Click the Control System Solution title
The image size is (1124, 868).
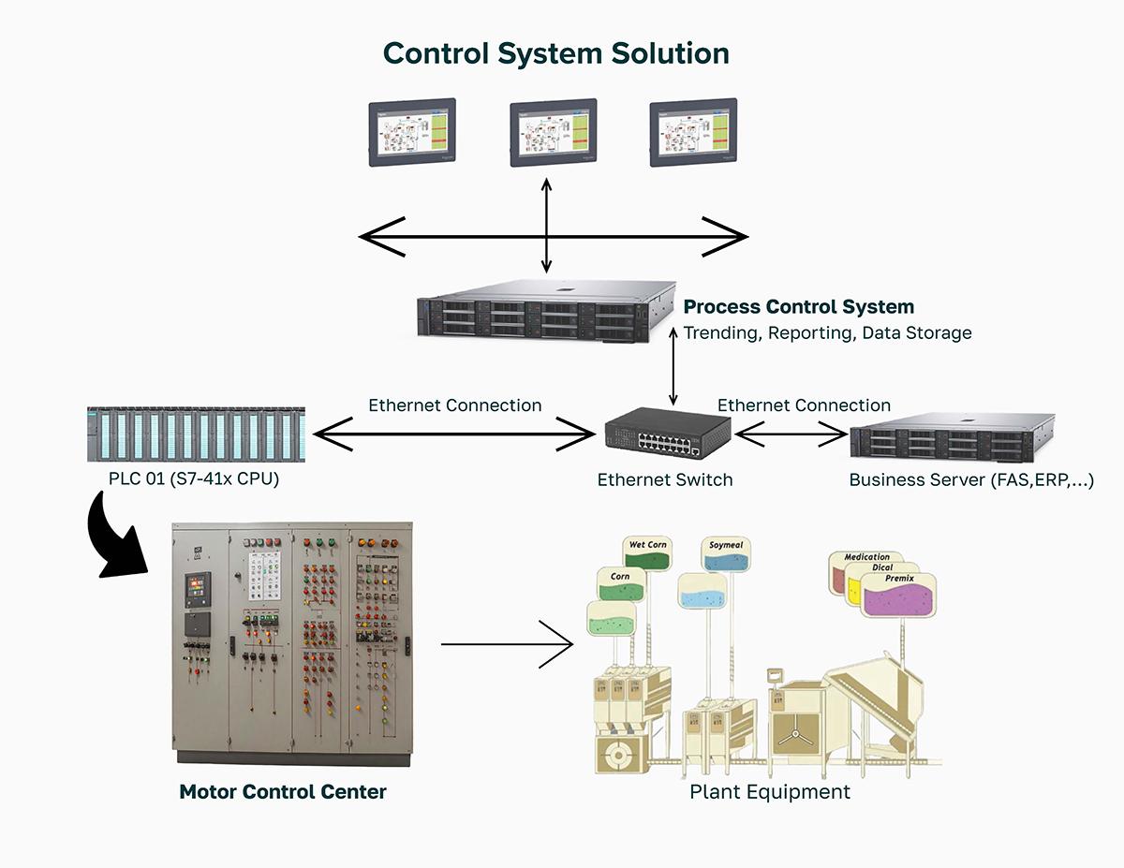tap(556, 53)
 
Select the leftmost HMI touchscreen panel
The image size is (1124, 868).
tap(412, 133)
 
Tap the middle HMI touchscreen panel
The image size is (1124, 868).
tap(553, 133)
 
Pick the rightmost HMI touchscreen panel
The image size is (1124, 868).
tap(693, 133)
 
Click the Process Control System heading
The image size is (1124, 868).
tap(799, 307)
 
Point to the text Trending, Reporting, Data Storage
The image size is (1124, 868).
tap(827, 333)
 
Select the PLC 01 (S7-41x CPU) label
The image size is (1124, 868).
tap(194, 480)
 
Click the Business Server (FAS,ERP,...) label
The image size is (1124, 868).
tap(971, 480)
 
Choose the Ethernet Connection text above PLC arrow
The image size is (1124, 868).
tap(454, 405)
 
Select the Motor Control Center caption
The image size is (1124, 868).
tap(283, 792)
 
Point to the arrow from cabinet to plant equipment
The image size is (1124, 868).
tap(506, 644)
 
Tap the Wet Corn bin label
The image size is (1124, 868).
tap(648, 545)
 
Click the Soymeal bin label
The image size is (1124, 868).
tap(727, 545)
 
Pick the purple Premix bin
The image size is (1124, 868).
tap(898, 596)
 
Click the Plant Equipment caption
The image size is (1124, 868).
tap(770, 792)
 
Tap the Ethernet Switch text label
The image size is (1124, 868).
tap(665, 480)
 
